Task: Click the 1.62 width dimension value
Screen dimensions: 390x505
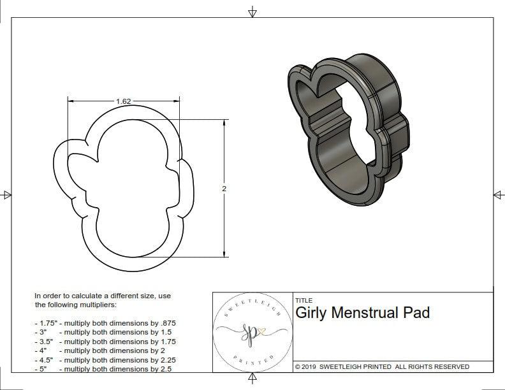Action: pos(124,101)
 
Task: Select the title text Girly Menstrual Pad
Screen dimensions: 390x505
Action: pos(362,313)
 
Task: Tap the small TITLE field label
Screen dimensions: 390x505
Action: pos(304,300)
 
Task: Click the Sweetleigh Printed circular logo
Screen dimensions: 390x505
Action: pos(252,331)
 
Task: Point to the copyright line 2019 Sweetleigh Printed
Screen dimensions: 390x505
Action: pos(382,366)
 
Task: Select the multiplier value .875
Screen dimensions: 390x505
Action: pos(167,323)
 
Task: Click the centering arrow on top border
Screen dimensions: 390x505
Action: pos(252,11)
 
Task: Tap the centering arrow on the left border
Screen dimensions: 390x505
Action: pos(7,194)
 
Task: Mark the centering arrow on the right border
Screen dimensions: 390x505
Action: pos(498,194)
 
